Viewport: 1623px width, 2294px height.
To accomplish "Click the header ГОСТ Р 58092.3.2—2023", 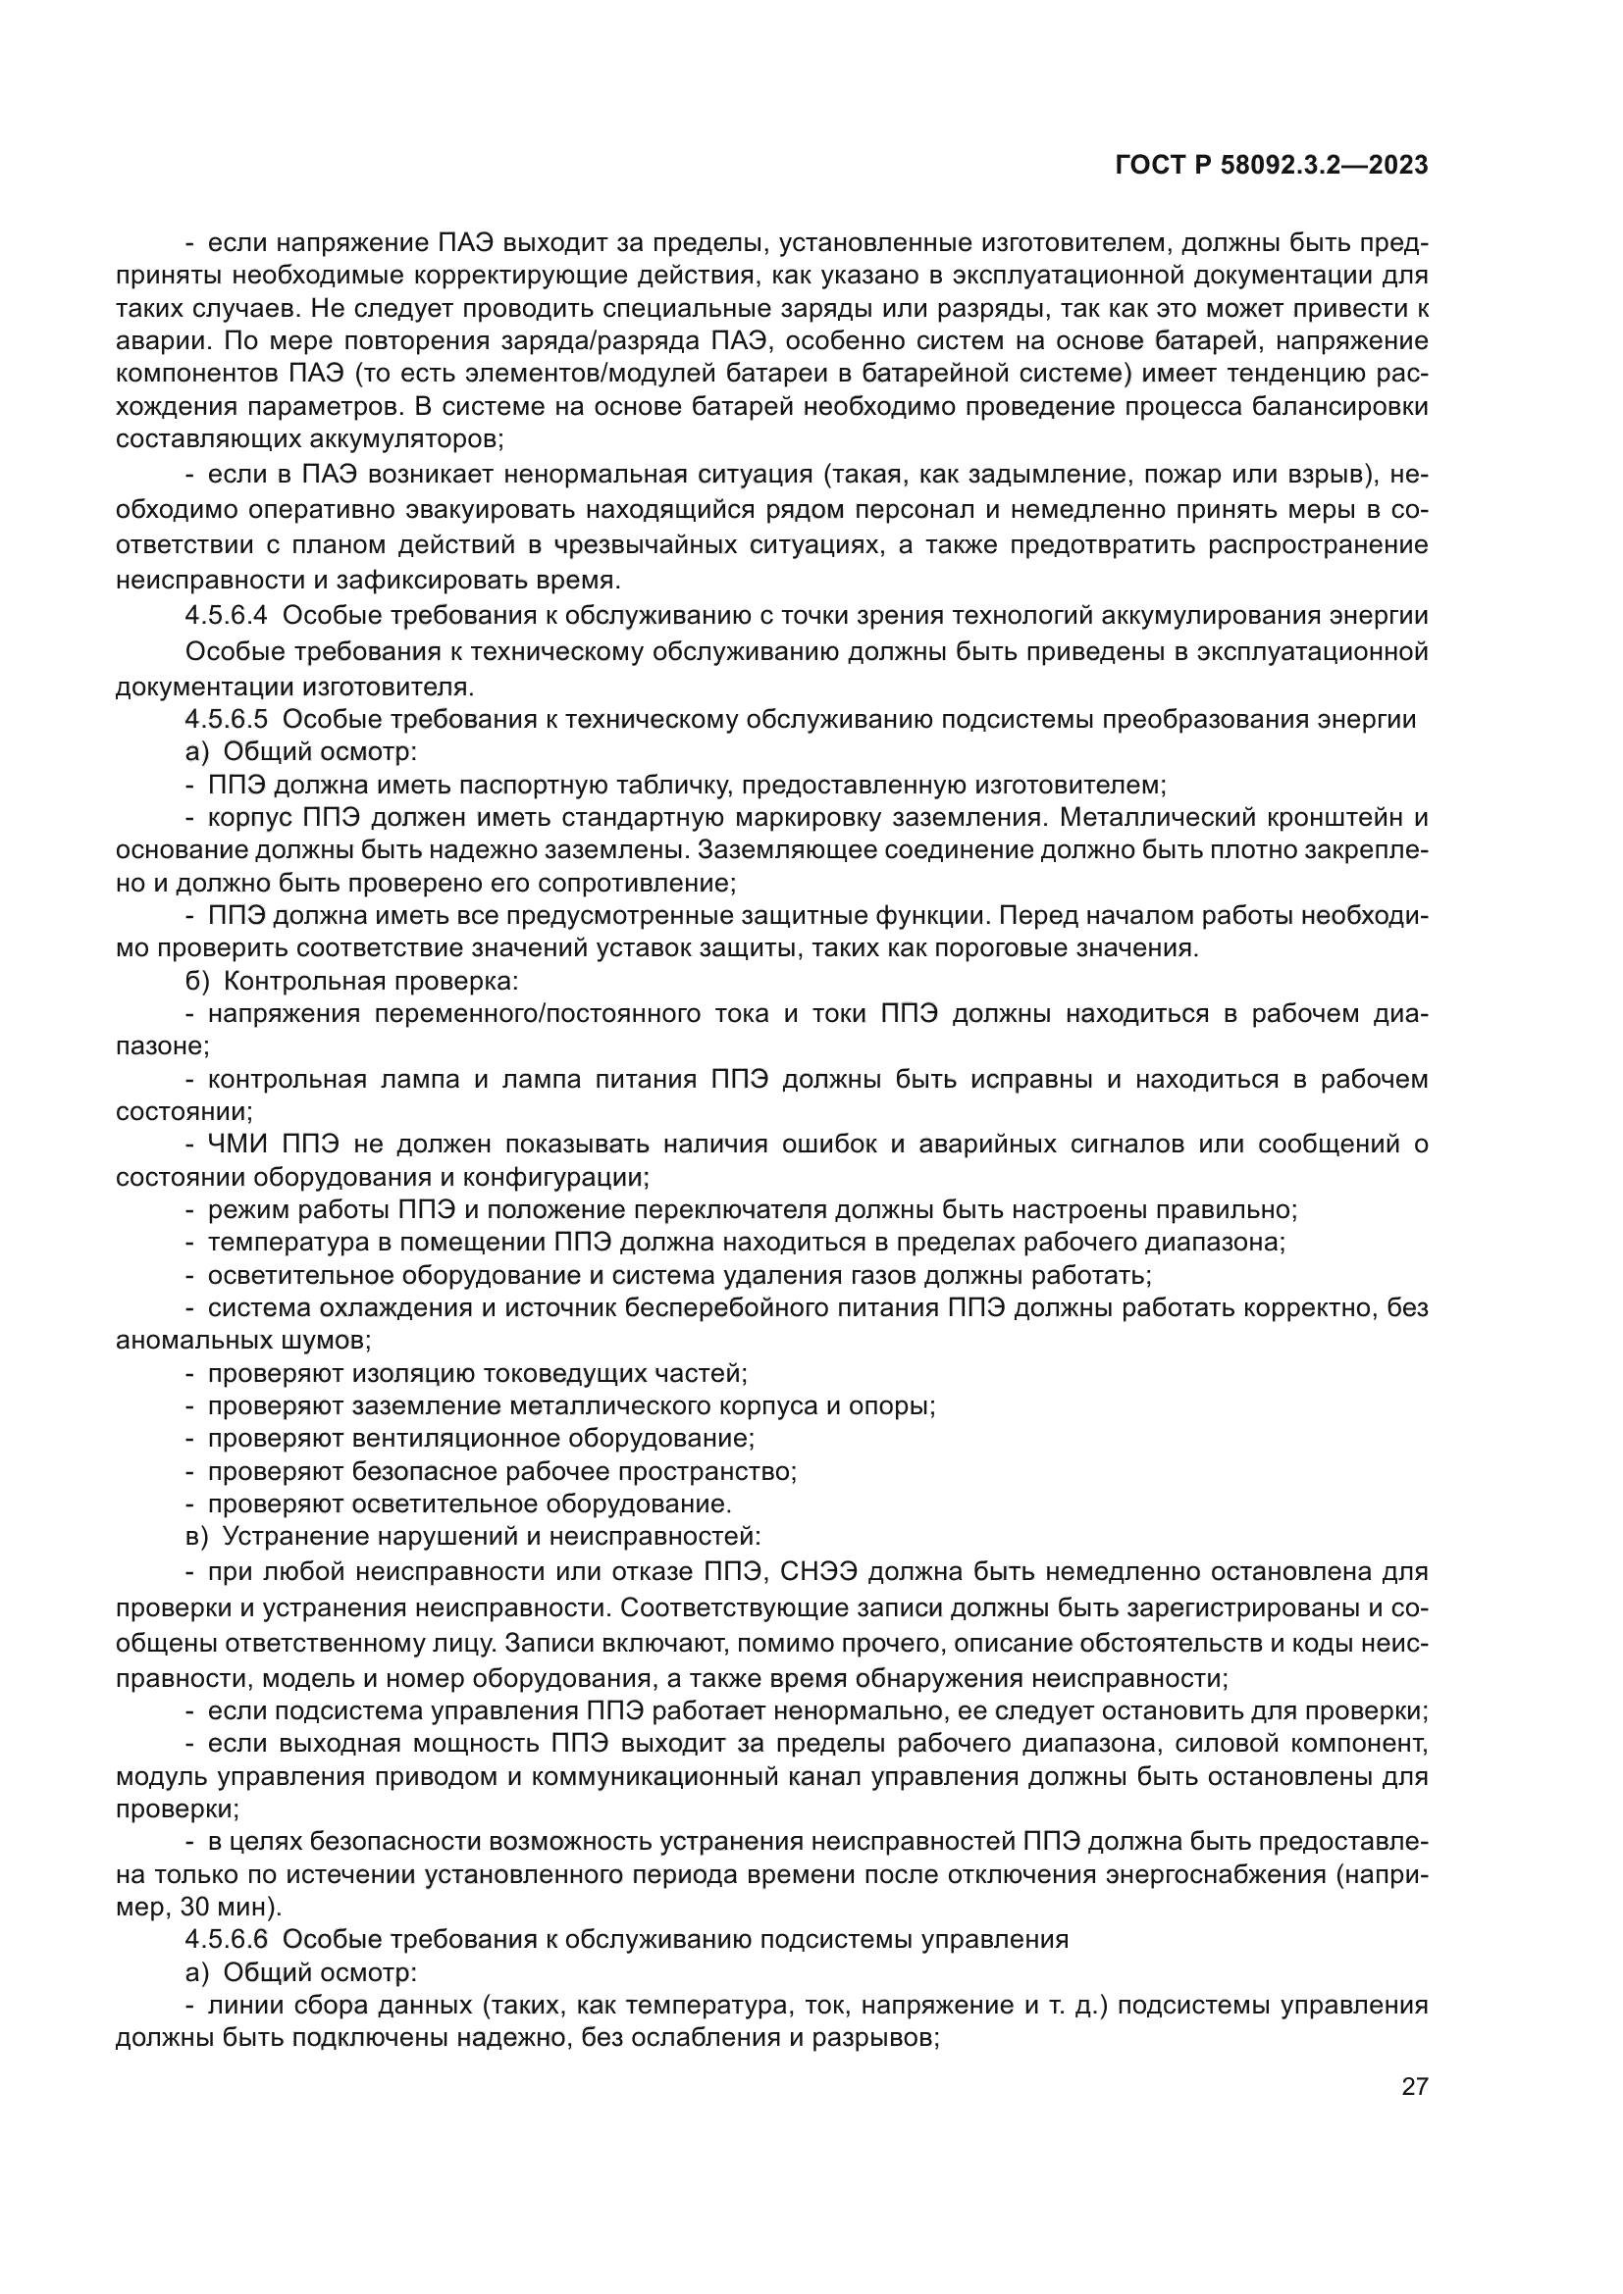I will coord(1270,166).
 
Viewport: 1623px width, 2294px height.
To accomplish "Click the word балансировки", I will coord(1341,407).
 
